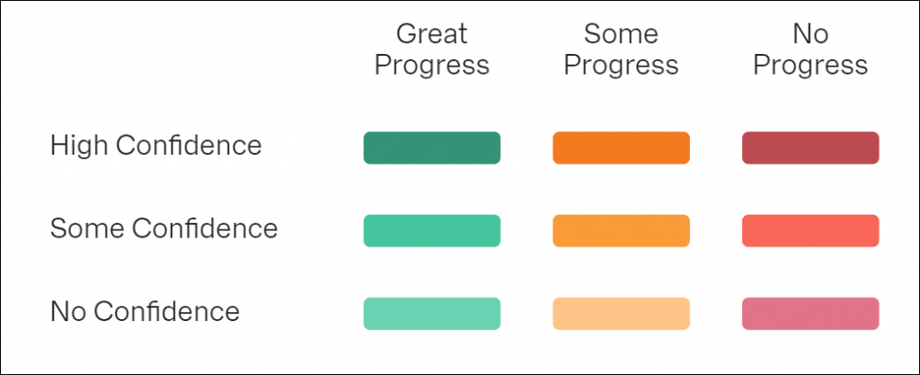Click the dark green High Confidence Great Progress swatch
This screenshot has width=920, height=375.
pyautogui.click(x=432, y=147)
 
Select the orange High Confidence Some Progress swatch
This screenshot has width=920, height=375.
pyautogui.click(x=621, y=147)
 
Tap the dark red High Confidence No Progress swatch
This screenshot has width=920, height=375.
pyautogui.click(x=810, y=147)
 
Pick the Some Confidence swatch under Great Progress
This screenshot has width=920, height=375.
pyautogui.click(x=432, y=230)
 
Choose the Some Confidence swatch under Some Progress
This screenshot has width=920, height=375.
pyautogui.click(x=621, y=230)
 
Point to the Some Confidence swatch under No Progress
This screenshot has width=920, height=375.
pyautogui.click(x=810, y=230)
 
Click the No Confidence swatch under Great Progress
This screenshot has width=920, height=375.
pyautogui.click(x=432, y=313)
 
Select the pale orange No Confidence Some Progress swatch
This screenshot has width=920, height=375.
pyautogui.click(x=621, y=313)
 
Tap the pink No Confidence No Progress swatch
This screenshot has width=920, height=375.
pyautogui.click(x=810, y=313)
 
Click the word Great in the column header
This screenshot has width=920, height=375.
pyautogui.click(x=432, y=34)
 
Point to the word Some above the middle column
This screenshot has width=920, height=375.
pyautogui.click(x=621, y=34)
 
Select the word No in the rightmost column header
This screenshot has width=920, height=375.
pyautogui.click(x=810, y=34)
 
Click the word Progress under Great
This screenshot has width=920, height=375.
pyautogui.click(x=432, y=67)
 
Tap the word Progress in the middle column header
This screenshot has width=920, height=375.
pyautogui.click(x=621, y=67)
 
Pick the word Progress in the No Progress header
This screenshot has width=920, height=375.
pyautogui.click(x=810, y=67)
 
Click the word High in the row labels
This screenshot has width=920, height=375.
pyautogui.click(x=79, y=146)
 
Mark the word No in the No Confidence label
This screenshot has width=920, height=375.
pyautogui.click(x=67, y=311)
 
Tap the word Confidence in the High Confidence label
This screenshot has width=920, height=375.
pyautogui.click(x=189, y=146)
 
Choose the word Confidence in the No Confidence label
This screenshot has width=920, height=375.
pyautogui.click(x=166, y=311)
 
